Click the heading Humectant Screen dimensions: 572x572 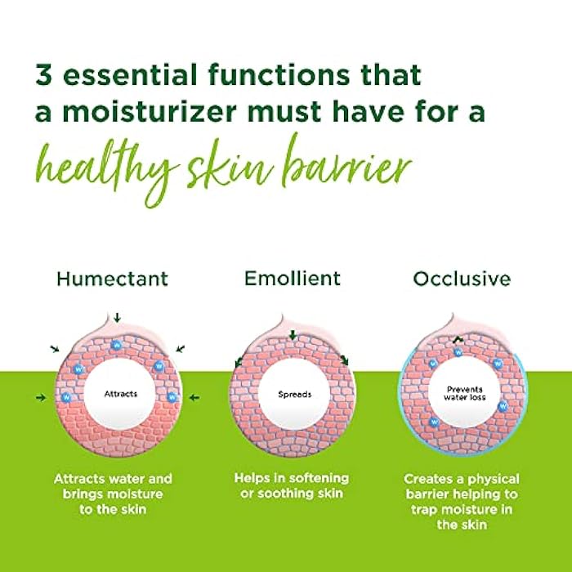tap(113, 279)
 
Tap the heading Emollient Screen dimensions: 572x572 tap(293, 279)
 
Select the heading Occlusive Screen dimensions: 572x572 tap(462, 279)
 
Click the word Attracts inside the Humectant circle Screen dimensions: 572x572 tap(121, 394)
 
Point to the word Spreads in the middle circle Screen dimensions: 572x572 tap(294, 394)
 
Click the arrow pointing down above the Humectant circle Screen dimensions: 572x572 tap(117, 317)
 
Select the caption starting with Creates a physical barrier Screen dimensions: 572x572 tap(462, 501)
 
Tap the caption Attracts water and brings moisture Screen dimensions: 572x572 tap(114, 494)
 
